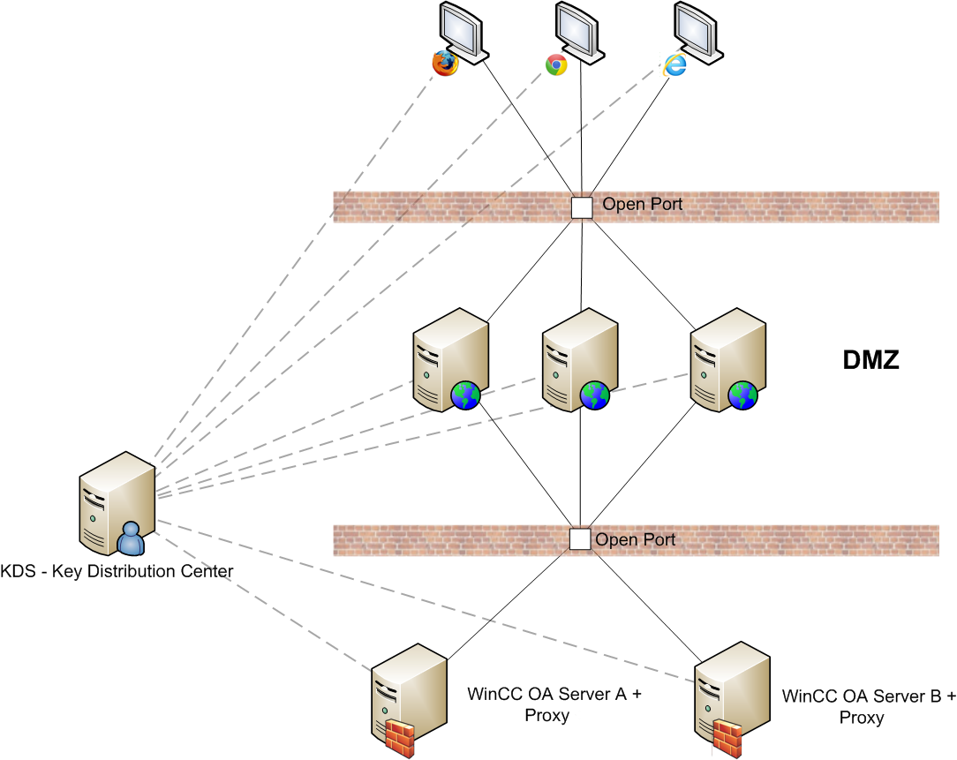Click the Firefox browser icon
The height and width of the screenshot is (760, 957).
pos(445,64)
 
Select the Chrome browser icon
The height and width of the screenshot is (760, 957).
pos(556,64)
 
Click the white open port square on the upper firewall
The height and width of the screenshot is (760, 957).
pos(582,207)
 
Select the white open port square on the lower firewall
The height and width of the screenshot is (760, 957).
pos(579,539)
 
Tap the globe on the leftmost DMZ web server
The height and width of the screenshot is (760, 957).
pos(465,395)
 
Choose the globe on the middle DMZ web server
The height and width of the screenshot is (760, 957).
pos(595,395)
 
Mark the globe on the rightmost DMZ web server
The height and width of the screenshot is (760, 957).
pos(742,395)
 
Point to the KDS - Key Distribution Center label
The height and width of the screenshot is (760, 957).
pos(117,571)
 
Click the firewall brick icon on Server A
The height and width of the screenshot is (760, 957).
pos(401,735)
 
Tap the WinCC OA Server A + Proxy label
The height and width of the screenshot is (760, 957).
pos(554,704)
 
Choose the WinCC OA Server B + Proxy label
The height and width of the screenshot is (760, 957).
pos(868,706)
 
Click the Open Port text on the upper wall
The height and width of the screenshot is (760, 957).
pos(643,205)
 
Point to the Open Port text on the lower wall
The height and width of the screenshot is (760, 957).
pos(636,539)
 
